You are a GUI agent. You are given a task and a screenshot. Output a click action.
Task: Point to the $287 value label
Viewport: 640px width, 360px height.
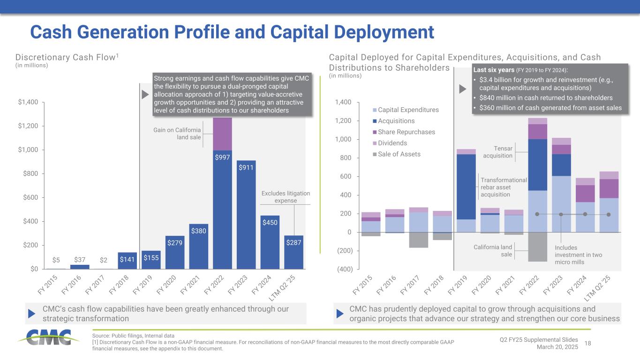tap(294, 242)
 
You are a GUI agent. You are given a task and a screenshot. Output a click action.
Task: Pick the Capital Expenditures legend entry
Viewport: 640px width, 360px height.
tap(406, 110)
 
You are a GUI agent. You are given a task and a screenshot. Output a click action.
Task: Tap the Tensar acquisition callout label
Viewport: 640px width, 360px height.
tap(498, 152)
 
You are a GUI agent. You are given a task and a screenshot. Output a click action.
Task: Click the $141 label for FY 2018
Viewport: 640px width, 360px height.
tap(128, 258)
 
